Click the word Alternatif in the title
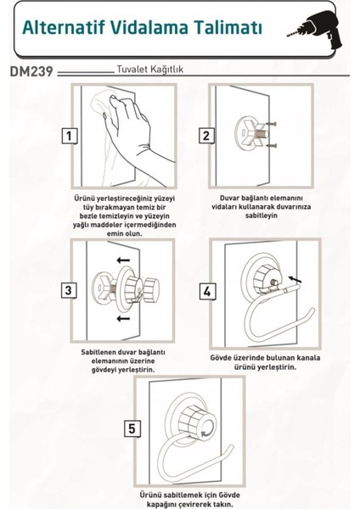pyautogui.click(x=64, y=27)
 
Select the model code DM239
pyautogui.click(x=31, y=72)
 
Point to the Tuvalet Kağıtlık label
pyautogui.click(x=149, y=70)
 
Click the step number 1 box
pyautogui.click(x=70, y=136)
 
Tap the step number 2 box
pyautogui.click(x=206, y=136)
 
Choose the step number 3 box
pyautogui.click(x=69, y=290)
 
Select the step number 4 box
pyautogui.click(x=207, y=292)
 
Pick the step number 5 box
pyautogui.click(x=132, y=428)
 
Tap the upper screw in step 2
pyautogui.click(x=272, y=124)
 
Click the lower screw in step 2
pyautogui.click(x=272, y=146)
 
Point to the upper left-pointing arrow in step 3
pyautogui.click(x=123, y=260)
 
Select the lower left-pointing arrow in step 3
pyautogui.click(x=123, y=318)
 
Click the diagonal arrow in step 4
pyautogui.click(x=295, y=279)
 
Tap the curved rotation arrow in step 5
pyautogui.click(x=206, y=433)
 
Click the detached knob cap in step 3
pyautogui.click(x=151, y=288)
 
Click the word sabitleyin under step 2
pyautogui.click(x=262, y=215)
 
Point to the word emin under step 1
pyautogui.click(x=114, y=233)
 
